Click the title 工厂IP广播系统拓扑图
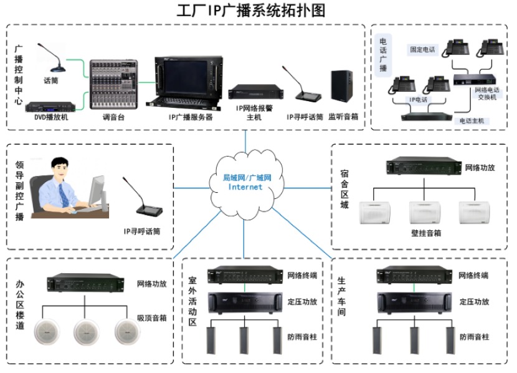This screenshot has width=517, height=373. pyautogui.click(x=259, y=11)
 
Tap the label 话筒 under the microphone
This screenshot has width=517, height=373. pyautogui.click(x=50, y=80)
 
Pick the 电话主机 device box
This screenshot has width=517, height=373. pyautogui.click(x=427, y=115)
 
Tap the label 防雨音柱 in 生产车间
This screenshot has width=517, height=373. pyautogui.click(x=474, y=336)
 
